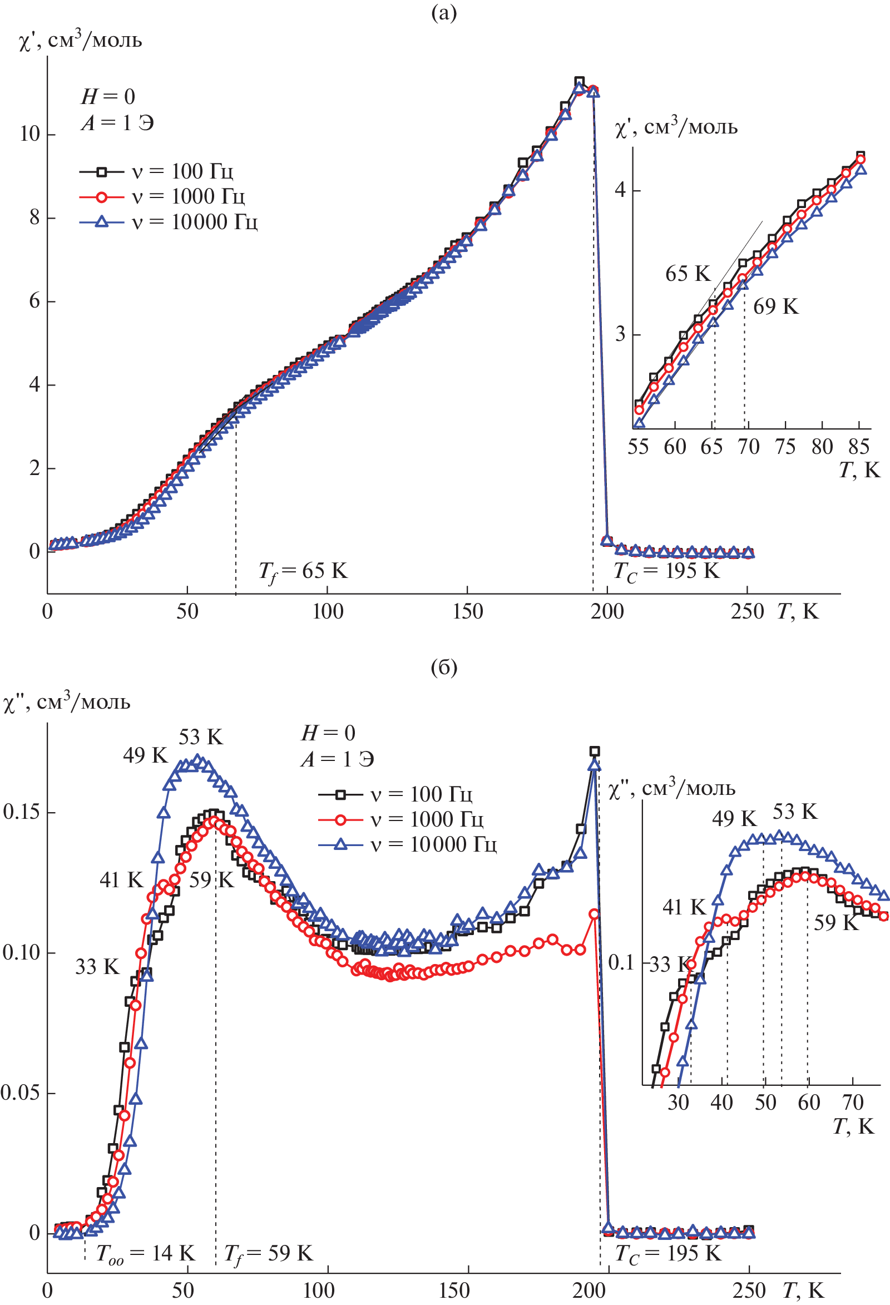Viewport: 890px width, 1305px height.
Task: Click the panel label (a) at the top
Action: tap(443, 13)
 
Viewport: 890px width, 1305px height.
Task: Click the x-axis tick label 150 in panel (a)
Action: tap(467, 611)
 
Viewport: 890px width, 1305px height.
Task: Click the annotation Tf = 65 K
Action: tap(303, 572)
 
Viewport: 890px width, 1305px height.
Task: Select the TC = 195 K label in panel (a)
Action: tap(666, 572)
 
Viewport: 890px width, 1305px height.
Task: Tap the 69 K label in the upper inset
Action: tap(775, 307)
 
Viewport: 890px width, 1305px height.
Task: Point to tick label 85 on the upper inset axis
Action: tap(858, 447)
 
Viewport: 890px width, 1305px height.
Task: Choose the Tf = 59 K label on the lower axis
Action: tap(269, 1253)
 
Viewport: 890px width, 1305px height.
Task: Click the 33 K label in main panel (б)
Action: tap(97, 966)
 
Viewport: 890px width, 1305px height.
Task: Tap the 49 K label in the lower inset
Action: tap(734, 818)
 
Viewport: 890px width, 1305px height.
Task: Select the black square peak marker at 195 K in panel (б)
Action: tap(595, 752)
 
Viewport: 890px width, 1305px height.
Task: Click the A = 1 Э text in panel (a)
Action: tap(117, 123)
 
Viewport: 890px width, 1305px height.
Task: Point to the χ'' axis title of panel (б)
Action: tap(67, 703)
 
